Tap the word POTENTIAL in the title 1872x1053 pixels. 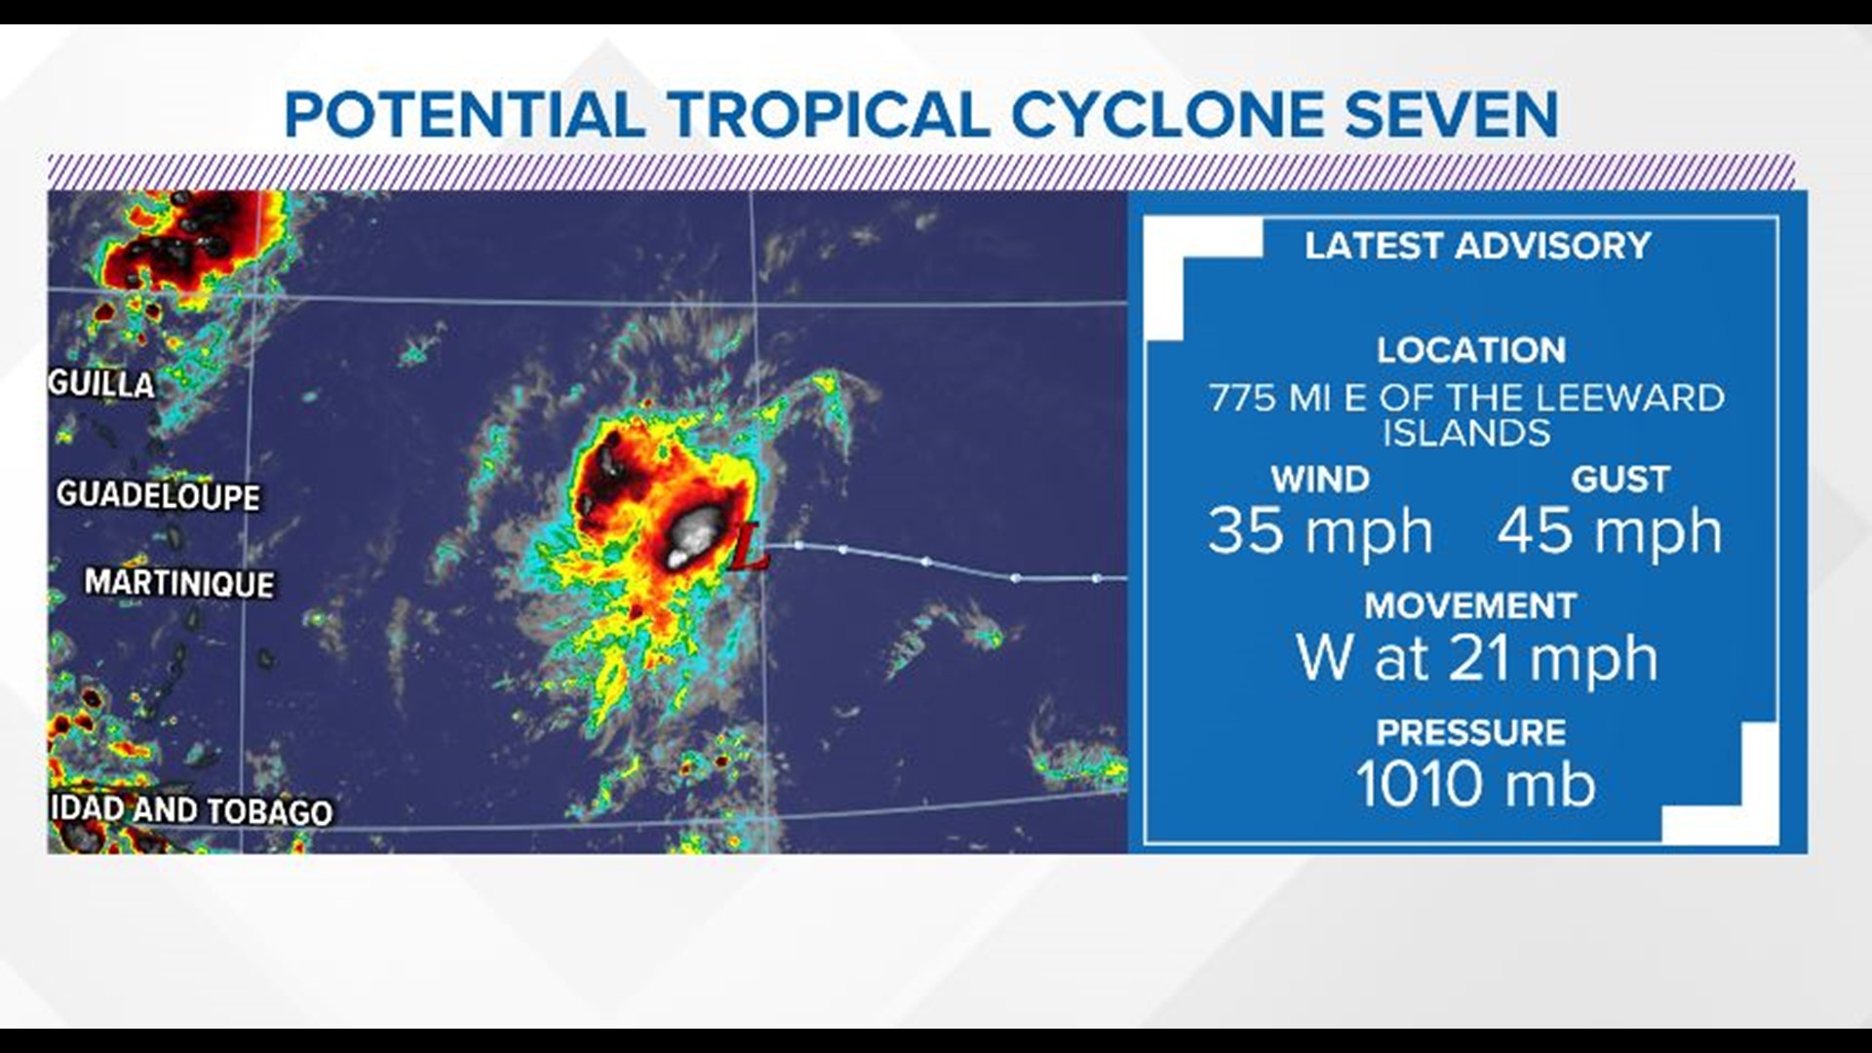click(x=464, y=115)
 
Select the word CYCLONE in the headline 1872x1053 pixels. click(x=1166, y=115)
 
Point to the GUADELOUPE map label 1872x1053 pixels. click(x=158, y=496)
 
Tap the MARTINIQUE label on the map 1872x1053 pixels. click(x=179, y=583)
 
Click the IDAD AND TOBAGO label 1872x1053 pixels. click(x=191, y=810)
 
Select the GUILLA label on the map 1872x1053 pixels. click(x=101, y=383)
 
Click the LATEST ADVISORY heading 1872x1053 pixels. click(x=1477, y=246)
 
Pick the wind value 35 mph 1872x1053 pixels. click(x=1320, y=532)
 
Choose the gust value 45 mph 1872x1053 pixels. click(x=1610, y=532)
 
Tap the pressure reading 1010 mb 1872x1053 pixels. click(x=1475, y=784)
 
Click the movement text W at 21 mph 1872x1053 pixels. click(x=1476, y=659)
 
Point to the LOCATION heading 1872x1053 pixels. click(x=1471, y=350)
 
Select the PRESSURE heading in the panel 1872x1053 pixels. click(x=1471, y=732)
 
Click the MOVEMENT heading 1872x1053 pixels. click(x=1470, y=605)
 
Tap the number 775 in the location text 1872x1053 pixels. click(x=1243, y=398)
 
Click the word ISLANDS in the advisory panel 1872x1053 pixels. click(x=1466, y=433)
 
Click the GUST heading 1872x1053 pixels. click(x=1620, y=479)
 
